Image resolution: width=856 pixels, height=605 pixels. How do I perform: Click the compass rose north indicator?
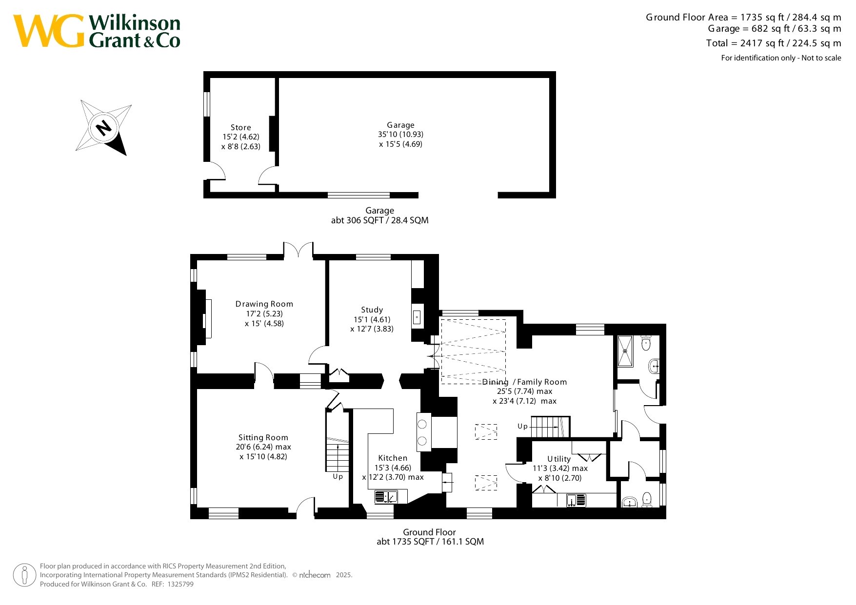103,128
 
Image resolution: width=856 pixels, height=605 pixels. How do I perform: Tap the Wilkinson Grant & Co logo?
97,31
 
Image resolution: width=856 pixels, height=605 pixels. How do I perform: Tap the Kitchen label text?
393,458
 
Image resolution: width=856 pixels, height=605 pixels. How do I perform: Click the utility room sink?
576,500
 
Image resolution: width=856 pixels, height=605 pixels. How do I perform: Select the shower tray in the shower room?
625,351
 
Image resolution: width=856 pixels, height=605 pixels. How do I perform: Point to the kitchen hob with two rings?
422,432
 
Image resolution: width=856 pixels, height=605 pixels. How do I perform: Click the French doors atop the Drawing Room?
299,249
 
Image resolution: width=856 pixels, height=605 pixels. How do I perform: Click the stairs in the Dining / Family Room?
550,427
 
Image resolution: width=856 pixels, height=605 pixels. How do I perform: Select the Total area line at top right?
774,43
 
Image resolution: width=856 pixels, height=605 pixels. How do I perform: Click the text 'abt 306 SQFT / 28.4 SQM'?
380,220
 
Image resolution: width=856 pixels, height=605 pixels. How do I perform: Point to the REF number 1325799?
180,584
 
